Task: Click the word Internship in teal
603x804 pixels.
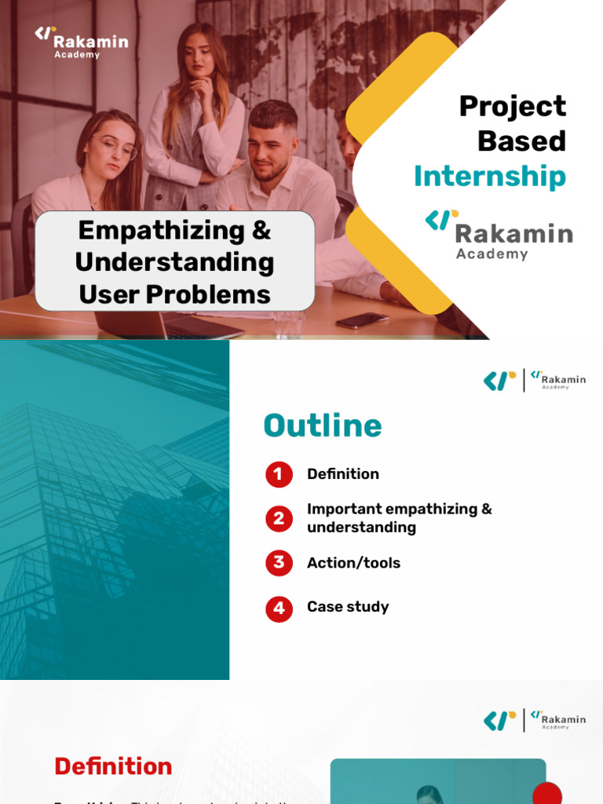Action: click(489, 177)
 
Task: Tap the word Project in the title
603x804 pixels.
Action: click(512, 106)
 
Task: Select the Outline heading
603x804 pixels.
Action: click(323, 426)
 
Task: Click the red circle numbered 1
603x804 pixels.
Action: click(279, 474)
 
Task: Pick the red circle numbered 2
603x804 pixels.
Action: click(279, 518)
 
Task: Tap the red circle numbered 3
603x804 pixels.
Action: click(279, 563)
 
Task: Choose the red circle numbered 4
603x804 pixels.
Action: click(279, 608)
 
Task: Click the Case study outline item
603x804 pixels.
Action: click(348, 607)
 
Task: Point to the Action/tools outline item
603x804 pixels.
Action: click(353, 563)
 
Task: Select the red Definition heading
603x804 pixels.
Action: click(113, 766)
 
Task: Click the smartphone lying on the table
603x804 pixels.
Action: click(362, 320)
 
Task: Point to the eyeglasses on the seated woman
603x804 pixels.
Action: click(115, 147)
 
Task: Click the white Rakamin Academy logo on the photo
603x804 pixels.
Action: click(81, 42)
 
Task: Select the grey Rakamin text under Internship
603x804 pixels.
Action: click(513, 233)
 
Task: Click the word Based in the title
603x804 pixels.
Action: click(521, 141)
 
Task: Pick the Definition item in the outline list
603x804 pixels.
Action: click(343, 474)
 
